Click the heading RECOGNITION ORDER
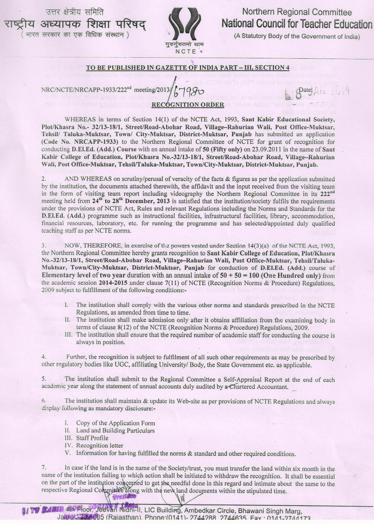click(x=187, y=105)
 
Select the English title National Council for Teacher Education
click(x=296, y=24)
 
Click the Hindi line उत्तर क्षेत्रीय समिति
click(x=75, y=13)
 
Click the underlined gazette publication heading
click(x=187, y=68)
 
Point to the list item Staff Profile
click(x=92, y=438)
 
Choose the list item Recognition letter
click(x=100, y=446)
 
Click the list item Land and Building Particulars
click(x=115, y=430)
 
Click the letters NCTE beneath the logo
click(x=186, y=51)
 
